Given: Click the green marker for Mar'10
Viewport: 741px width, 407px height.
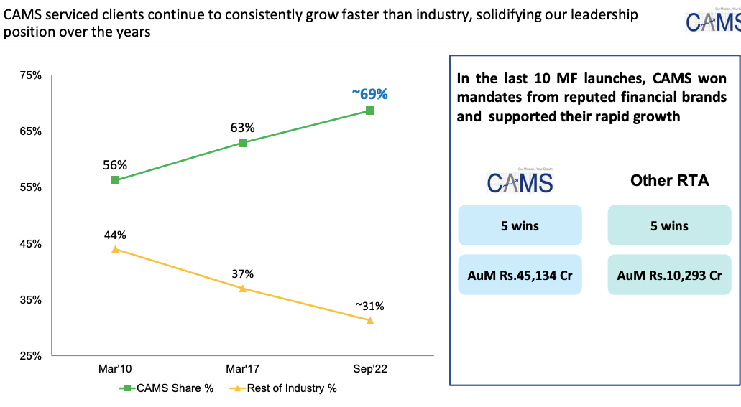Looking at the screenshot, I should [x=115, y=180].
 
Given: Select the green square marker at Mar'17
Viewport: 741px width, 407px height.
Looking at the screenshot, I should [x=243, y=142].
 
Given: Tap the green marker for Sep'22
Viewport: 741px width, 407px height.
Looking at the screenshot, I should [x=370, y=111].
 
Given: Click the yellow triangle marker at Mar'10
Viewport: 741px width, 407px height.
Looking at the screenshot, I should [x=115, y=249].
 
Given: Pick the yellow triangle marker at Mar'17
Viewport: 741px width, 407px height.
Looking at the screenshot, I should [x=243, y=289].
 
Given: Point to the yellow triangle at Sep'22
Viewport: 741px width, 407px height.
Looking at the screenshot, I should [x=370, y=320].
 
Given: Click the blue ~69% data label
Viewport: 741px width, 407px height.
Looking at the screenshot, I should [x=370, y=93].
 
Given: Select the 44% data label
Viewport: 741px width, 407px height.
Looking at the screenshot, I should [x=115, y=235].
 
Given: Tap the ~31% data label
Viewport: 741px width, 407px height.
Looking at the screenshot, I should [x=370, y=306].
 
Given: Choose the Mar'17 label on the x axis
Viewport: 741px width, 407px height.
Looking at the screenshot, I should [x=243, y=369].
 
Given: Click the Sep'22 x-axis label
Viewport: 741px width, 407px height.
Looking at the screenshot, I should [x=370, y=369].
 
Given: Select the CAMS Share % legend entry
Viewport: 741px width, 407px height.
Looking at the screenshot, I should [x=167, y=388].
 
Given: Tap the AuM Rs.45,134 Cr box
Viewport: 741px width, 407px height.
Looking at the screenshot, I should [x=520, y=274].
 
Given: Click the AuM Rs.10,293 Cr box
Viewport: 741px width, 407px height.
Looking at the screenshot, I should [x=669, y=274].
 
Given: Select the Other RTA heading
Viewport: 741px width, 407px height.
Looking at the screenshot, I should [x=669, y=181].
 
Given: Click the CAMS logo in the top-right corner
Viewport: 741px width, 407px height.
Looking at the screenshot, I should [x=712, y=22].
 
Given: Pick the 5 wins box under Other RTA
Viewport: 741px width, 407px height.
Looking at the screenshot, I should [x=669, y=225].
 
